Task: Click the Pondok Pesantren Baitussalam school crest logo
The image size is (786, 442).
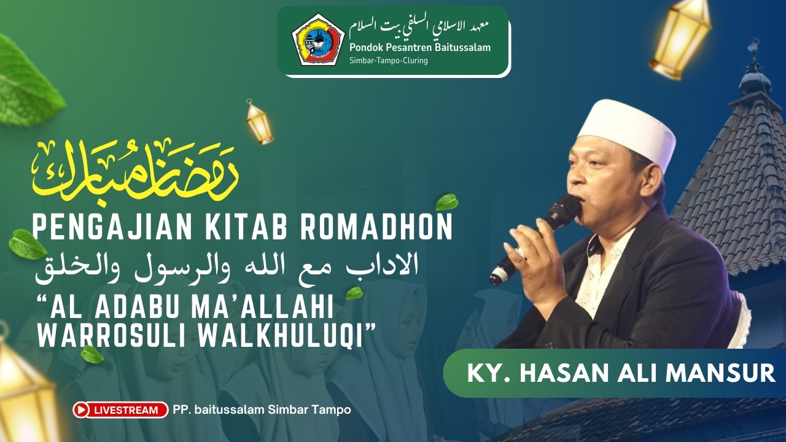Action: pyautogui.click(x=317, y=39)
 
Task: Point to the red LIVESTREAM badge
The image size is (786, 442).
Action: pyautogui.click(x=120, y=409)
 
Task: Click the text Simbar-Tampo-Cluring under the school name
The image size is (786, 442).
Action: pyautogui.click(x=388, y=60)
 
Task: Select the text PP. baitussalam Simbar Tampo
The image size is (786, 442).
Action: pyautogui.click(x=262, y=409)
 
